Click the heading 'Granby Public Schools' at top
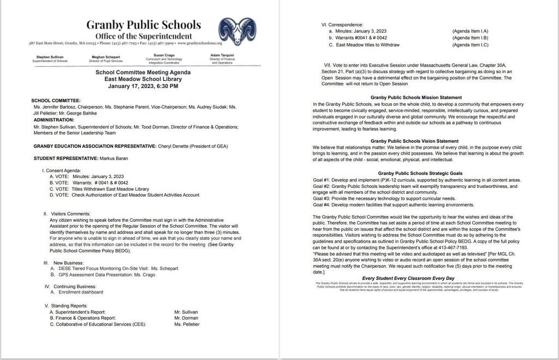pyautogui.click(x=143, y=25)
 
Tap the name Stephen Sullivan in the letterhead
pyautogui.click(x=50, y=56)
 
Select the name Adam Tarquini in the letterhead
pyautogui.click(x=223, y=56)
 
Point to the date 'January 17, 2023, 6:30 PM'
pyautogui.click(x=143, y=86)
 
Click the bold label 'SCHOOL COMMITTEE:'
pyautogui.click(x=56, y=101)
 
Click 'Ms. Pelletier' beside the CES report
pyautogui.click(x=187, y=324)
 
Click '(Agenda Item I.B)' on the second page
pyautogui.click(x=470, y=38)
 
